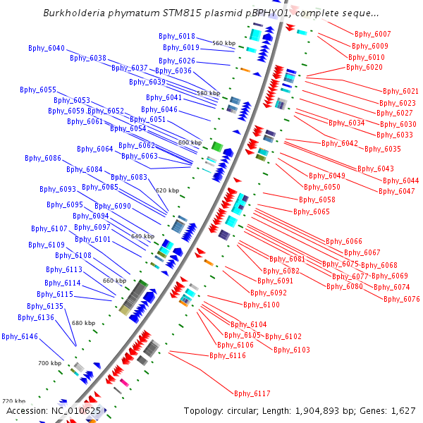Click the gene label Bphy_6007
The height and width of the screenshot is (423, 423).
(x=372, y=34)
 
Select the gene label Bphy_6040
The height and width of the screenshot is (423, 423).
(x=47, y=48)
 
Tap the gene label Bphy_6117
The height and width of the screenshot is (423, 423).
(x=252, y=393)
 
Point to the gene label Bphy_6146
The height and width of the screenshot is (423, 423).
(x=20, y=336)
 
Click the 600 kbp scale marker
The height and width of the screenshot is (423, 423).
(x=190, y=142)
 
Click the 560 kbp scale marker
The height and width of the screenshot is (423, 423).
(x=224, y=43)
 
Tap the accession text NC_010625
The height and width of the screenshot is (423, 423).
(x=76, y=410)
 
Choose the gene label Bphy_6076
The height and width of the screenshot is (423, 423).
(x=402, y=299)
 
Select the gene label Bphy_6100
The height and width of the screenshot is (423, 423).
(x=262, y=305)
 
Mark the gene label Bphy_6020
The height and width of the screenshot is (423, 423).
(x=364, y=68)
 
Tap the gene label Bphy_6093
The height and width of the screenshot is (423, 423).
(x=58, y=189)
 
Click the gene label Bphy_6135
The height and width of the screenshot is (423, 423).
(x=45, y=306)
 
